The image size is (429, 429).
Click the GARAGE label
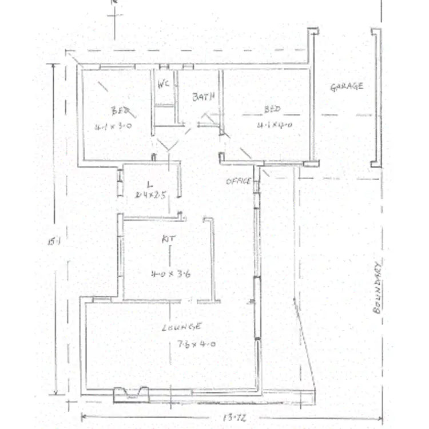(347, 87)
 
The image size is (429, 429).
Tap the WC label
(164, 84)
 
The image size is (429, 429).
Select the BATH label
(203, 97)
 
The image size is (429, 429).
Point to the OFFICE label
(238, 181)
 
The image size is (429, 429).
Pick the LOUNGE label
(181, 327)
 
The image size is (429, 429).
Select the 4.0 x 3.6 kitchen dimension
(170, 273)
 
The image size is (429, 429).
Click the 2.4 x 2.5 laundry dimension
(150, 194)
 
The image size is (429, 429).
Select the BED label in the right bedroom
(272, 109)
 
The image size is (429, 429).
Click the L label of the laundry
(149, 184)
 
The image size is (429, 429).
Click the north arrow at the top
(114, 14)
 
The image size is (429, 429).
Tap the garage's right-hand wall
(375, 97)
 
